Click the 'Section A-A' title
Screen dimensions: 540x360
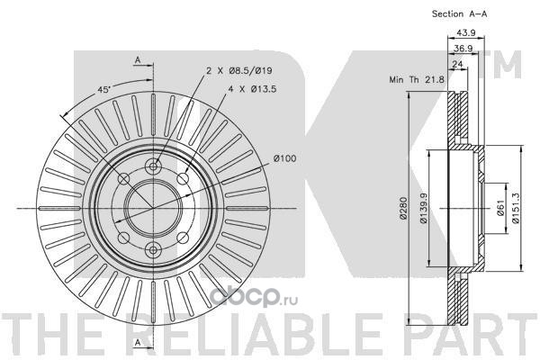pos(459,13)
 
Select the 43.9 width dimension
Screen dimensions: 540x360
pos(466,32)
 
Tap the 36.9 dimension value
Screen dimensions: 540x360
pos(463,49)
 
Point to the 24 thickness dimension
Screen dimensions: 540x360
pos(457,64)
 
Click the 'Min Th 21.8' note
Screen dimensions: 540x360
pos(417,79)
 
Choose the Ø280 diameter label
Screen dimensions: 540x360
pos(403,208)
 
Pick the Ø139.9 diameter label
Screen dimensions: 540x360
pos(423,208)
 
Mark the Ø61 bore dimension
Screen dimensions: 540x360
pos(500,208)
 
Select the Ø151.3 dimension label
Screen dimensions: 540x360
pos(515,208)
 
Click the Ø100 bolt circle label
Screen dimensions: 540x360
pos(284,158)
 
